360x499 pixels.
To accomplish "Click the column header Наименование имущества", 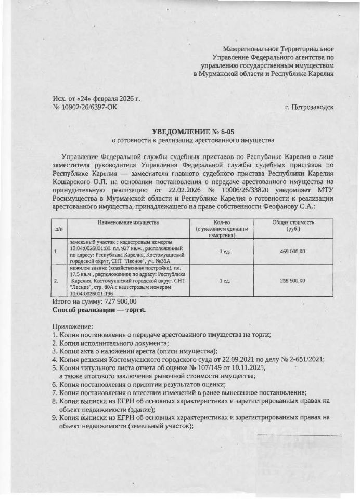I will tap(127, 222).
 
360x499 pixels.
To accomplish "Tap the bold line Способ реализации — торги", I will tap(99, 310).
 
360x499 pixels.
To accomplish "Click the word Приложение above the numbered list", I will tap(72, 327).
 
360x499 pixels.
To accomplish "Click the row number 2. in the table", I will tap(56, 281).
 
